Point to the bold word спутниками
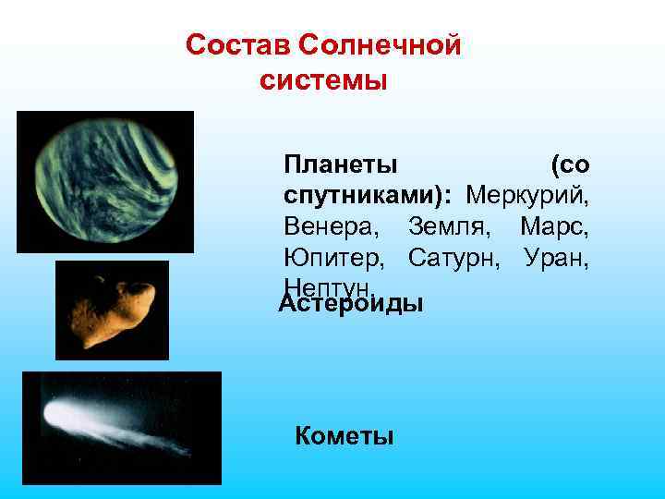[x=364, y=196]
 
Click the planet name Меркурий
[x=527, y=196]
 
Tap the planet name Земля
[x=447, y=226]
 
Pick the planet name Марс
[x=554, y=226]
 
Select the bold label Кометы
[x=344, y=436]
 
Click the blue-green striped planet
[x=104, y=180]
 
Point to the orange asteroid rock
[x=113, y=309]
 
